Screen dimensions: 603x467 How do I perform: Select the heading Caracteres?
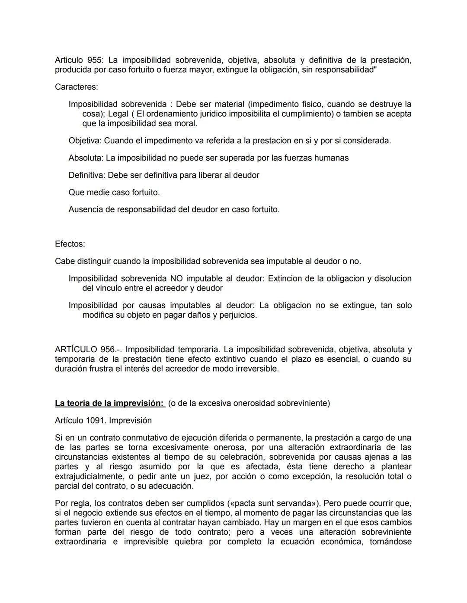[77, 87]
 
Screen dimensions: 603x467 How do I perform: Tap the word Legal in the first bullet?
[118, 114]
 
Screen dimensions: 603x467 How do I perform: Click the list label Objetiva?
[85, 141]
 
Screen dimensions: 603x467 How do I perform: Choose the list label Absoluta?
[86, 158]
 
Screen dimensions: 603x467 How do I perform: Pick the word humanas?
[331, 158]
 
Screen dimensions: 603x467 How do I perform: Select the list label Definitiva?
[87, 175]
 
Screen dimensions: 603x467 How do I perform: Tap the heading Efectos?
[70, 244]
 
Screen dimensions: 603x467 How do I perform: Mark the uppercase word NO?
[176, 279]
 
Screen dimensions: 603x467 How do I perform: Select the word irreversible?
[256, 369]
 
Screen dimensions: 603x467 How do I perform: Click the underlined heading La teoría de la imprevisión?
[109, 404]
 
